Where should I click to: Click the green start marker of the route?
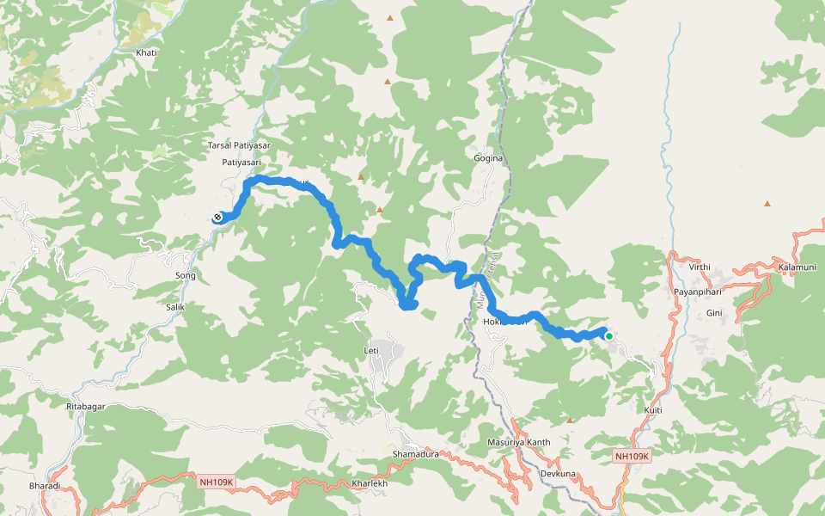pyautogui.click(x=608, y=335)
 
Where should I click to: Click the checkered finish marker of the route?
pyautogui.click(x=218, y=218)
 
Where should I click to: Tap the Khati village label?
pyautogui.click(x=146, y=53)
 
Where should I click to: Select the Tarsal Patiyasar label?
pyautogui.click(x=239, y=146)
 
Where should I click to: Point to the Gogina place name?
pyautogui.click(x=488, y=159)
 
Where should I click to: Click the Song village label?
pyautogui.click(x=186, y=276)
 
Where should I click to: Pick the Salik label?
pyautogui.click(x=175, y=307)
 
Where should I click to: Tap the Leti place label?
pyautogui.click(x=371, y=352)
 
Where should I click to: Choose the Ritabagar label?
pyautogui.click(x=90, y=405)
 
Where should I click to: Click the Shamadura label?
pyautogui.click(x=415, y=454)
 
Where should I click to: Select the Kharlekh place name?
pyautogui.click(x=370, y=484)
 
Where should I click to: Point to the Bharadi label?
pyautogui.click(x=45, y=487)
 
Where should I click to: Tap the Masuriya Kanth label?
pyautogui.click(x=518, y=443)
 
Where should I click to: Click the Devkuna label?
pyautogui.click(x=557, y=475)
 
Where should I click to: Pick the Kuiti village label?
pyautogui.click(x=653, y=410)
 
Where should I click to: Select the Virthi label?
pyautogui.click(x=700, y=267)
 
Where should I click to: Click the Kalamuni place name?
pyautogui.click(x=797, y=267)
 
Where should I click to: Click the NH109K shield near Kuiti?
pyautogui.click(x=633, y=456)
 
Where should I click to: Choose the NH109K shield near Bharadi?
pyautogui.click(x=216, y=482)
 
